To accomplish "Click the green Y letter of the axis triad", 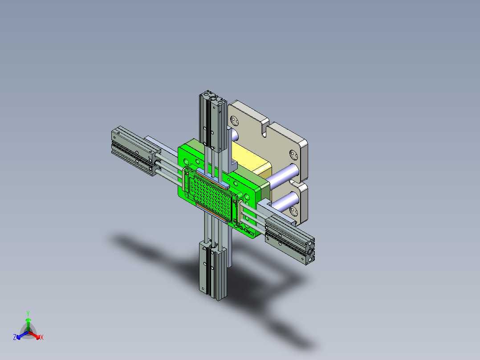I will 28,313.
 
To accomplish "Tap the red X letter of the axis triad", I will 42,338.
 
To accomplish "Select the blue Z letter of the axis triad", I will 15,338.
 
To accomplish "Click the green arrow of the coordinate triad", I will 28,323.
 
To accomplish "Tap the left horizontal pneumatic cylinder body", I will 134,149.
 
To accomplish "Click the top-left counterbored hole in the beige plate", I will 233,119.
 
